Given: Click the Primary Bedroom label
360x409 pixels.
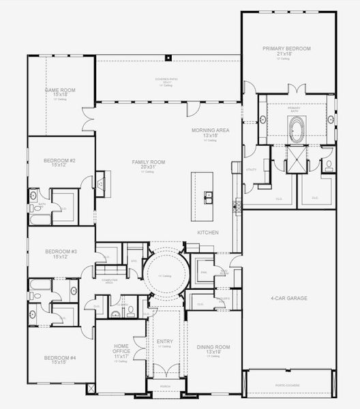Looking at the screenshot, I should [x=287, y=48].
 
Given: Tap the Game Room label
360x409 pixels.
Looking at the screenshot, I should [x=60, y=90].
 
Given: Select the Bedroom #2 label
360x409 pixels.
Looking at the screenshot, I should [x=59, y=161].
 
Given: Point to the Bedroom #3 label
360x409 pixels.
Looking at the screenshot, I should [x=60, y=252].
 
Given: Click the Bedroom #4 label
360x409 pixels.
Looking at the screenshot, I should [x=60, y=358].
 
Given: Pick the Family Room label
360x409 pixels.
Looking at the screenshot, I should [x=149, y=162].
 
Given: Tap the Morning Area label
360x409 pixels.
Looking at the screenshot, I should [x=210, y=130].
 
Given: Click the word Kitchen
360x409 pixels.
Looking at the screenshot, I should [x=208, y=232].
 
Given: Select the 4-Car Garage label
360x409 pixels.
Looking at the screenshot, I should [x=289, y=298].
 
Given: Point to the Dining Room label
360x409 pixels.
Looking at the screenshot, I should [x=213, y=347].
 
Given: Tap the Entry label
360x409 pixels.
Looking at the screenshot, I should [x=164, y=341].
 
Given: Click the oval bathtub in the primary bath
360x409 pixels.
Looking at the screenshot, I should [x=297, y=129].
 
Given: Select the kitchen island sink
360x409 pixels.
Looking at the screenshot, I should [x=209, y=198].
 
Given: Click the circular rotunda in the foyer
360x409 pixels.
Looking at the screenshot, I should [x=164, y=275].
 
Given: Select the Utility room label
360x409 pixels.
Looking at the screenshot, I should [x=250, y=168].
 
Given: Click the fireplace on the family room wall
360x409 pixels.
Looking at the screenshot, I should [x=100, y=183].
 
